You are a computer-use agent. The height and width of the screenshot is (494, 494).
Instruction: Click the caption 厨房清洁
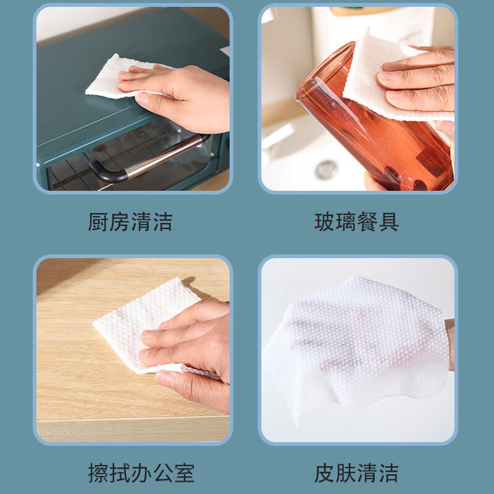(130, 222)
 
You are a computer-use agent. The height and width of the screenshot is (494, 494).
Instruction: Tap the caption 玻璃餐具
(357, 222)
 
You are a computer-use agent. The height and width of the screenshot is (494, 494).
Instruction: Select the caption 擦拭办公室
(141, 473)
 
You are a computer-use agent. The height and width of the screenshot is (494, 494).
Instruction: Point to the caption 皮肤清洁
(357, 473)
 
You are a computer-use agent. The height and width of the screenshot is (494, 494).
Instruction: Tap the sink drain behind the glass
(327, 169)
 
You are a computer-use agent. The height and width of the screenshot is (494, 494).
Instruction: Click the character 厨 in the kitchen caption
(98, 222)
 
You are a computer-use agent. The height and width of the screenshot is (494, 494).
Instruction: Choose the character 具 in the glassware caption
(389, 222)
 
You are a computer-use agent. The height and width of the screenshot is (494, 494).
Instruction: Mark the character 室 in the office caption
(184, 473)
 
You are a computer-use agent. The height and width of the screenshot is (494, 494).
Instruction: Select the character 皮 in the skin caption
(325, 473)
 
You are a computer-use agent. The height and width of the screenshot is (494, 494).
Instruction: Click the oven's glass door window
(132, 157)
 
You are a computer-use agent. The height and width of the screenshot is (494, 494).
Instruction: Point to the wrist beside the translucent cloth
(450, 344)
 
